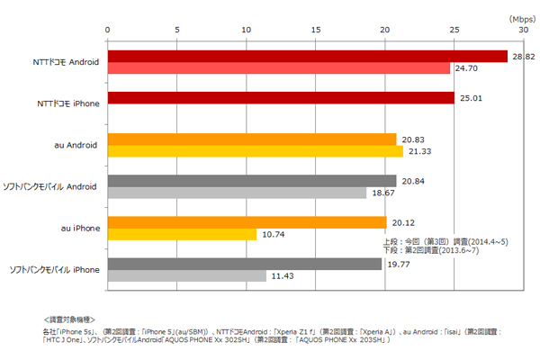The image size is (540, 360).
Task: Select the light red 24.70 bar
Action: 279,68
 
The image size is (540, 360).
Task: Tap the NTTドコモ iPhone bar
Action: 281,98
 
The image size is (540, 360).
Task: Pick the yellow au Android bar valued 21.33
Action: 256,151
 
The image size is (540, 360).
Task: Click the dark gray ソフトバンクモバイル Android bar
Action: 252,181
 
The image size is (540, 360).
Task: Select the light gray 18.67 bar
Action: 237,193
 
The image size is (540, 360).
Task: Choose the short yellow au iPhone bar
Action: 182,234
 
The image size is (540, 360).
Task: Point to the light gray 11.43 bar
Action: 186,275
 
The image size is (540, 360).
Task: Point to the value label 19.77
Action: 398,264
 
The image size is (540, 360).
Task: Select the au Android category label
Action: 76,145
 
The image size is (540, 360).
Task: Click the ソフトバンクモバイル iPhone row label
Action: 54,270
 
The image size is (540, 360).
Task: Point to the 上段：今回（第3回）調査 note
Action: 440,243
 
